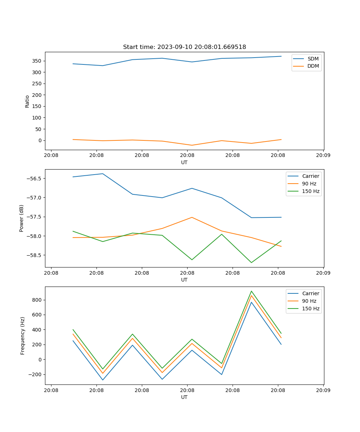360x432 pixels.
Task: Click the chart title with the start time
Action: pos(184,47)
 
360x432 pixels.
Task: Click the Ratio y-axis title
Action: pos(27,101)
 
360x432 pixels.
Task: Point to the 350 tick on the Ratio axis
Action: pos(37,61)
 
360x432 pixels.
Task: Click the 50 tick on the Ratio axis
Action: pos(38,129)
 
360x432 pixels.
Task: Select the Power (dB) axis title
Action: pos(22,218)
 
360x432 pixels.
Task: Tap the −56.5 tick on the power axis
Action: pos(34,179)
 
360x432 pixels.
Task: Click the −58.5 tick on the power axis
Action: pos(34,255)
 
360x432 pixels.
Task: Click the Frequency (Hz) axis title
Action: pos(23,336)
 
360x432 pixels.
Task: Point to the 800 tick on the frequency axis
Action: pos(37,300)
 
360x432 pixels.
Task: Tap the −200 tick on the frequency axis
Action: pos(35,374)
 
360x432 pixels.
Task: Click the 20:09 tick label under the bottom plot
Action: pos(323,390)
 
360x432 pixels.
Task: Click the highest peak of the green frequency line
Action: pos(251,291)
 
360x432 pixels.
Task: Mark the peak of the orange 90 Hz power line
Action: pos(192,217)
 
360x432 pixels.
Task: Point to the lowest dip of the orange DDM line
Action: pos(192,145)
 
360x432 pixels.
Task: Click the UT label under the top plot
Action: pos(184,162)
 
